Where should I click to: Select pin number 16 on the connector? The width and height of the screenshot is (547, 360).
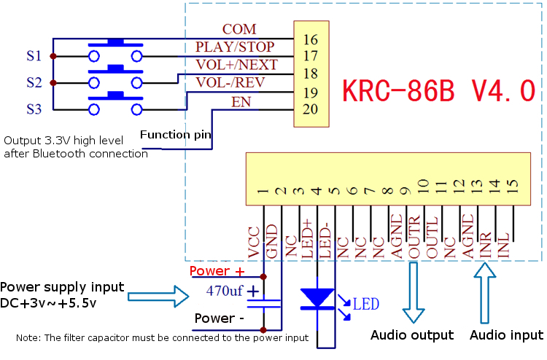pos(310,39)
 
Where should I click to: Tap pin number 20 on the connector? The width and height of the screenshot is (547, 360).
pos(310,109)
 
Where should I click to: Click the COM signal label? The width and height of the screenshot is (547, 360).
pos(239,29)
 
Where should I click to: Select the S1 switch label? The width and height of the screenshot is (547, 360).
pos(34,55)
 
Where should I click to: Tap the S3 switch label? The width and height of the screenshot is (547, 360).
pos(34,109)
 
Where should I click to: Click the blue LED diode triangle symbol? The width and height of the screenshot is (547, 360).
pos(317,297)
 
